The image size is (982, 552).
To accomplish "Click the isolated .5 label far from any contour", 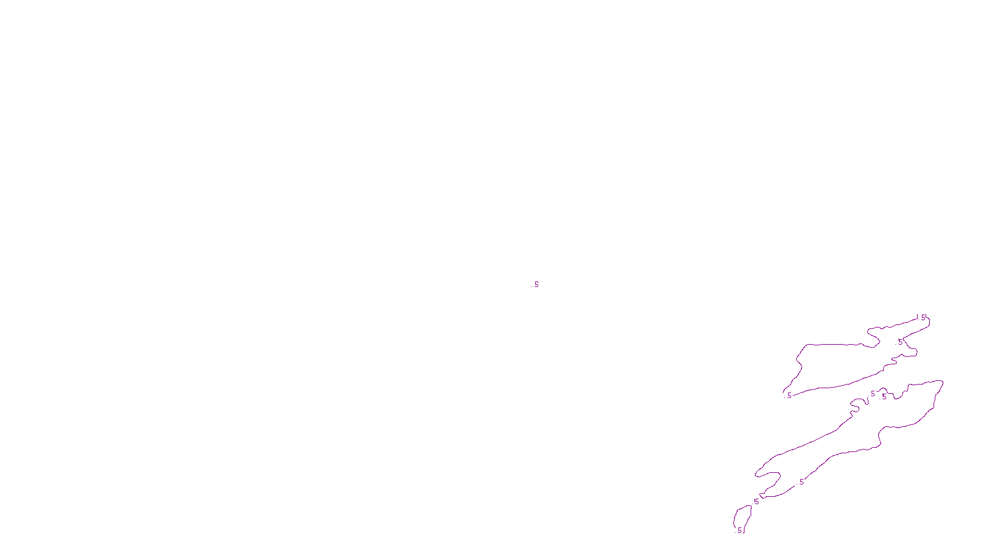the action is (536, 285).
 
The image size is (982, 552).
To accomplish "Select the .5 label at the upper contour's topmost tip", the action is (922, 317).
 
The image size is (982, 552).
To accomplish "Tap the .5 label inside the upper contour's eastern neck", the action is (900, 342).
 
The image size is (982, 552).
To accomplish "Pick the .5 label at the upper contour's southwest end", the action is (789, 396).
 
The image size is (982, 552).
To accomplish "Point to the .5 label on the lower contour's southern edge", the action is (801, 482).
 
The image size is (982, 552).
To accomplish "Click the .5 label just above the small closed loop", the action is (756, 502).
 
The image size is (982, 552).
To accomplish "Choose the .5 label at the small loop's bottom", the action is (740, 531).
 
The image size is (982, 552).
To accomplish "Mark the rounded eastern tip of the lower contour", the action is (941, 383).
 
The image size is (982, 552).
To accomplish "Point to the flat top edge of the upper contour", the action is (835, 345).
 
